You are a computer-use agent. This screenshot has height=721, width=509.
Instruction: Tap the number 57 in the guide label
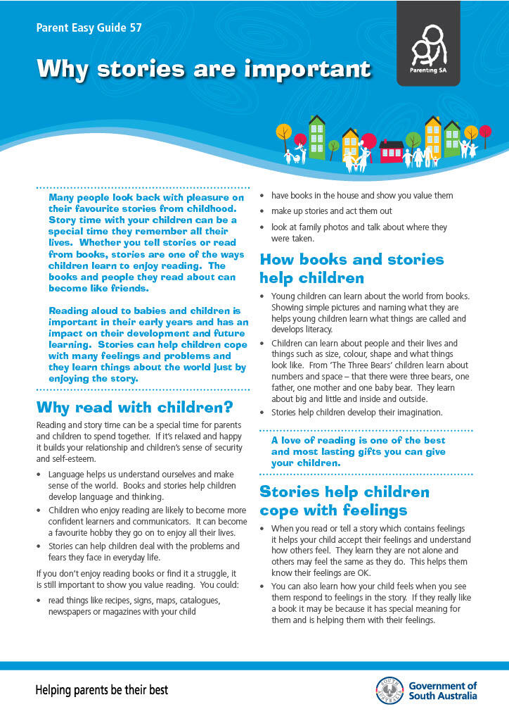134,28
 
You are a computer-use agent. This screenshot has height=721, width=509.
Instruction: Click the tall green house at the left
317,138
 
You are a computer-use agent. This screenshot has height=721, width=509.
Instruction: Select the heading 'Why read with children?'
134,408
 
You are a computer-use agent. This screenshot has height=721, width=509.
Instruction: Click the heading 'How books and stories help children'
352,268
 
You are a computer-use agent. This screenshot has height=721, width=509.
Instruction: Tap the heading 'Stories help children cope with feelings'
344,501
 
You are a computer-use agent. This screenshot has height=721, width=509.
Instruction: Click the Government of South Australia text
442,691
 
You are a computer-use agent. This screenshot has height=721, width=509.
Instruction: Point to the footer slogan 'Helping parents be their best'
102,690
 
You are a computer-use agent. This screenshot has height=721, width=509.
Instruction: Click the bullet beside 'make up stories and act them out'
263,211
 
